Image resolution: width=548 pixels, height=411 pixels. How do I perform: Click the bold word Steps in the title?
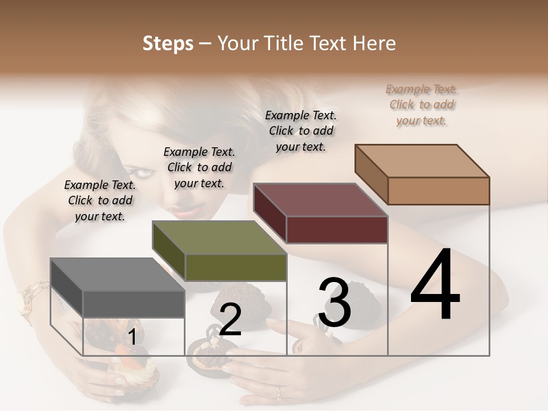coord(168,43)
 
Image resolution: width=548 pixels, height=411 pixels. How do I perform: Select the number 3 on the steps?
coord(335,303)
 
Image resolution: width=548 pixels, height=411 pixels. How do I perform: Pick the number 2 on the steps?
coord(230,319)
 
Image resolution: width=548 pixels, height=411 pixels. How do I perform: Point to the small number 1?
coord(132,337)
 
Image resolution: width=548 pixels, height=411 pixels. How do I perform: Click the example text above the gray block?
coord(100,200)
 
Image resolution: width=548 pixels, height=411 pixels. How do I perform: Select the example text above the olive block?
coord(199,167)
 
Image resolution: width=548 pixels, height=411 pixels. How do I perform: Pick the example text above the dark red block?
coord(301,131)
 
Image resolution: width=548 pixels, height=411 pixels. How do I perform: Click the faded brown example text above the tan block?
coord(422,104)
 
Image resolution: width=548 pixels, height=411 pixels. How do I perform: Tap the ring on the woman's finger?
coord(278,392)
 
